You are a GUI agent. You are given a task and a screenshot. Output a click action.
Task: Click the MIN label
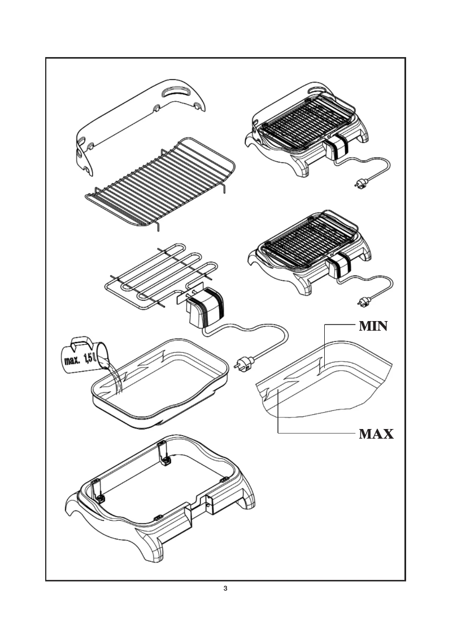(373, 327)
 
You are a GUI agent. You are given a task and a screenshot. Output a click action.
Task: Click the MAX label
(376, 434)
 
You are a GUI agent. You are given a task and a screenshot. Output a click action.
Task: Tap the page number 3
(226, 590)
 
